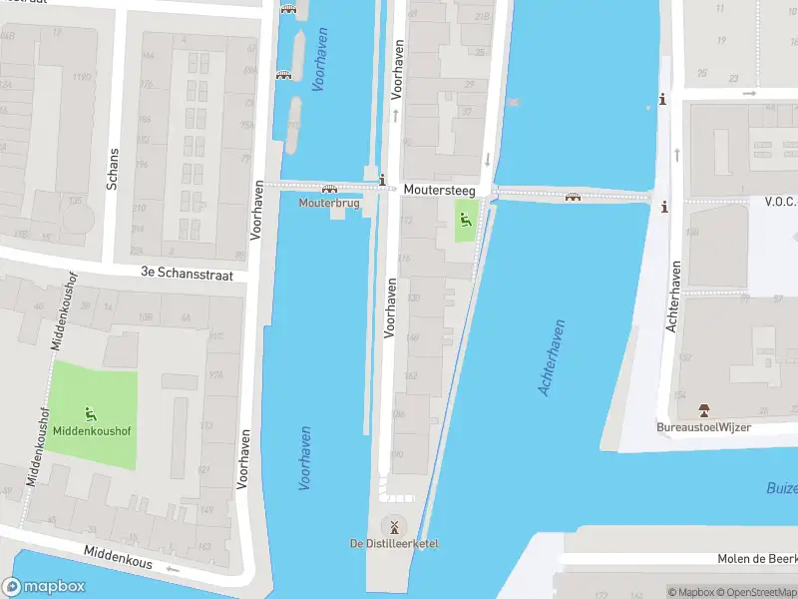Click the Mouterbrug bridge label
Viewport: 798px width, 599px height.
point(328,203)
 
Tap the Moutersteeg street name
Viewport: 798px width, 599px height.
point(439,189)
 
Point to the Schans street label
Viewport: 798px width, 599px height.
point(113,170)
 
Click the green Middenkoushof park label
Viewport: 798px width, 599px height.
point(92,431)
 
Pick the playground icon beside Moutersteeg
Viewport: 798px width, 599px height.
point(465,219)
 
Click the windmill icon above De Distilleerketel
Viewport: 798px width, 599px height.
point(393,526)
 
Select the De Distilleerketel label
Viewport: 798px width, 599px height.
point(393,543)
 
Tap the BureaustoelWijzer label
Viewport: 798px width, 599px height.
point(703,427)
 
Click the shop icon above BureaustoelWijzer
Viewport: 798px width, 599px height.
point(703,410)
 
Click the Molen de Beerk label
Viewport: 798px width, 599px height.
point(757,559)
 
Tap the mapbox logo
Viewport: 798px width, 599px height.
point(44,587)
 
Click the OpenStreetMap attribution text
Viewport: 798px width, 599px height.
point(758,592)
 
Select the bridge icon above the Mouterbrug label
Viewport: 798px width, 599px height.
point(329,188)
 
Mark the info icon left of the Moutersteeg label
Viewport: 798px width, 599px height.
point(383,180)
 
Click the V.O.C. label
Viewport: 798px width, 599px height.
point(779,201)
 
